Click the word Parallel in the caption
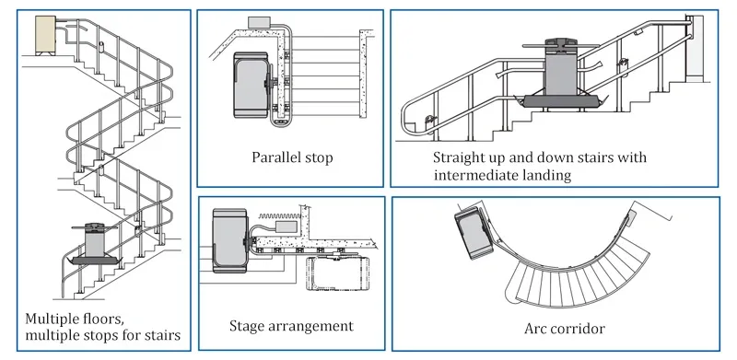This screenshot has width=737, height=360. pyautogui.click(x=271, y=157)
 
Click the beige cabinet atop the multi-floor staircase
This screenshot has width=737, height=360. pyautogui.click(x=45, y=35)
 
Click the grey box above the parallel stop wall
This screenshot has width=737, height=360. pyautogui.click(x=258, y=22)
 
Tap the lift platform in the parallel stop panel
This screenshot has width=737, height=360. pyautogui.click(x=252, y=86)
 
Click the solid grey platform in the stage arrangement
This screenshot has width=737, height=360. pyautogui.click(x=229, y=240)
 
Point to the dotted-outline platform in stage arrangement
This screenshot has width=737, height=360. pyautogui.click(x=333, y=273)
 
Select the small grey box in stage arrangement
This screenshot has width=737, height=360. pyautogui.click(x=285, y=227)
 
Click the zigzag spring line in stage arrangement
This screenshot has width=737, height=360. pyautogui.click(x=279, y=215)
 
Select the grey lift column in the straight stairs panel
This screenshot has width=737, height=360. pyautogui.click(x=560, y=69)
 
